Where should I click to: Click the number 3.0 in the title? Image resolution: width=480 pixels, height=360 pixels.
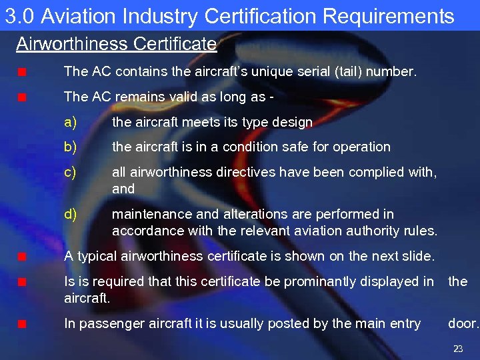(19, 16)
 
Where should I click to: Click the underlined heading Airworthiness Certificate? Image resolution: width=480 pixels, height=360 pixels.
(116, 45)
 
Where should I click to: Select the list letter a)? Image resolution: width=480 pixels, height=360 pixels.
(70, 122)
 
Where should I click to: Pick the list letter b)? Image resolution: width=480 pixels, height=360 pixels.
(70, 147)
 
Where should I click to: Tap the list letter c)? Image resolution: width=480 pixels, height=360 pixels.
(70, 172)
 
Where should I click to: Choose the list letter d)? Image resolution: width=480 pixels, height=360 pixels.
(70, 214)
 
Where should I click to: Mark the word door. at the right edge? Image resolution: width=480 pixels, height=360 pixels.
(463, 324)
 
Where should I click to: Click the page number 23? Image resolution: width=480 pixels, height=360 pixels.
(458, 349)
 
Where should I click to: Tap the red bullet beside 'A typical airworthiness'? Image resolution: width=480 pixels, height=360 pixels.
(22, 257)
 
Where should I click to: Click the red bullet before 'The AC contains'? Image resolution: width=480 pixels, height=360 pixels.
(22, 72)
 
